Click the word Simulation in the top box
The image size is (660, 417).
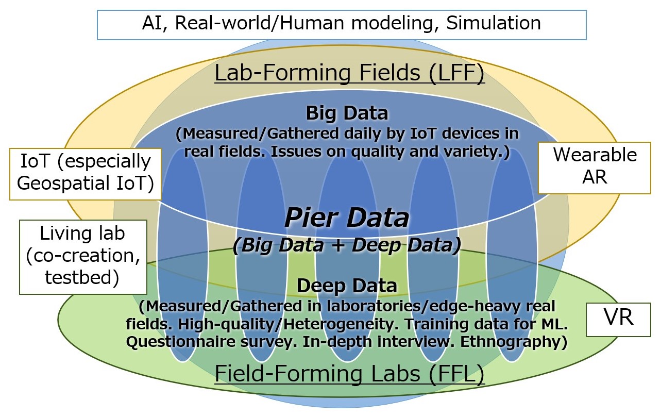click(x=494, y=23)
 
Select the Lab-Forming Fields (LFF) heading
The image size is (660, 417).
click(x=349, y=73)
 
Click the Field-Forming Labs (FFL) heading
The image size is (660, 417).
click(x=349, y=374)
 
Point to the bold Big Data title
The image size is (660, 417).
click(x=347, y=113)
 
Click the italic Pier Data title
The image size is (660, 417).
click(x=347, y=218)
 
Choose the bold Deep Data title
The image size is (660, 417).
click(x=347, y=286)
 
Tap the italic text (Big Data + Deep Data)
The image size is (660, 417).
click(x=347, y=245)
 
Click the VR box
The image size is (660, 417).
click(x=618, y=320)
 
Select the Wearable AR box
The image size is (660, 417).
click(x=595, y=168)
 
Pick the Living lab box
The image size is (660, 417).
click(x=83, y=257)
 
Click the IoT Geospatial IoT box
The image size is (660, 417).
click(x=86, y=174)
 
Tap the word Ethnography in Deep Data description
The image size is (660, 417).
click(x=514, y=342)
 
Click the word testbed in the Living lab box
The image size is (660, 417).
click(x=82, y=277)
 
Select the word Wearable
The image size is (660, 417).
click(x=595, y=155)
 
